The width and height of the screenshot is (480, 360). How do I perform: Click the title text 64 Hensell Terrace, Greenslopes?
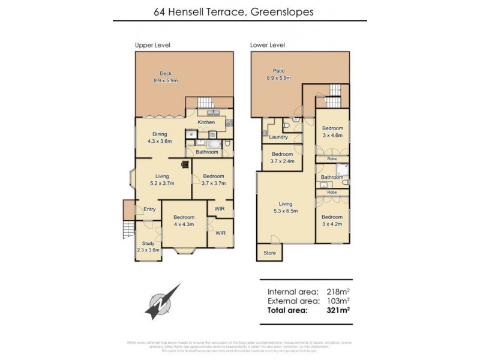(240, 11)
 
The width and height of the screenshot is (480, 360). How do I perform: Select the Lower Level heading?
(268, 45)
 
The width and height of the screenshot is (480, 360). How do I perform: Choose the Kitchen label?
(206, 122)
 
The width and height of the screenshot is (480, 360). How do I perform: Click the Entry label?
(149, 209)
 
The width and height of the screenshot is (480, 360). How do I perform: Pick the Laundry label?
(270, 137)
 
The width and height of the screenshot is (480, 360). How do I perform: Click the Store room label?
(269, 253)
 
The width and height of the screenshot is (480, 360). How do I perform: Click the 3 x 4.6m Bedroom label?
(332, 132)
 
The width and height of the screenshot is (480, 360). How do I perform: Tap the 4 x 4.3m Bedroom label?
(184, 220)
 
